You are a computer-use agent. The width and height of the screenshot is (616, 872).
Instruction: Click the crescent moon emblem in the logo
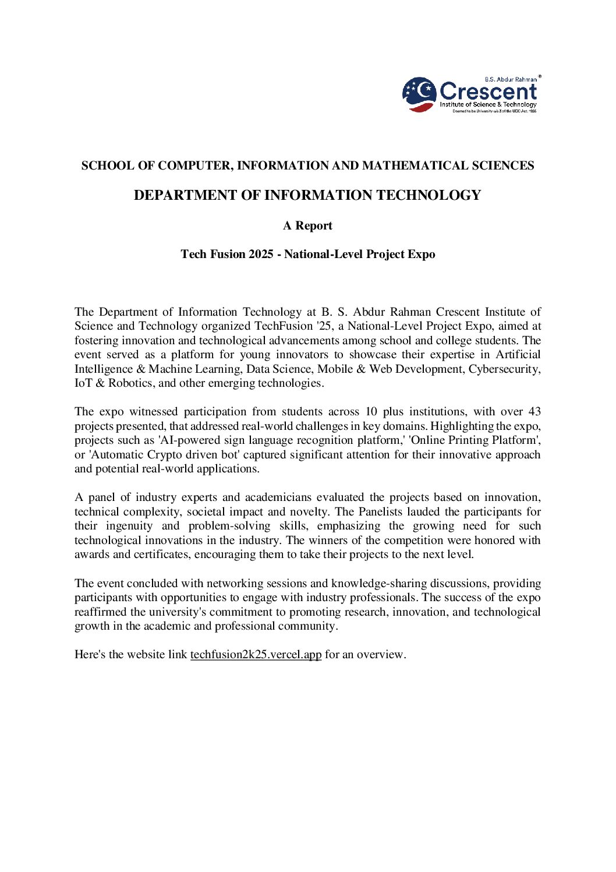pyautogui.click(x=419, y=94)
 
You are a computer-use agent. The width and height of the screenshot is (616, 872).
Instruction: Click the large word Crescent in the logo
pyautogui.click(x=488, y=91)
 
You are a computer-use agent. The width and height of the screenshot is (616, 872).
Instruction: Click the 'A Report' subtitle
pyautogui.click(x=307, y=226)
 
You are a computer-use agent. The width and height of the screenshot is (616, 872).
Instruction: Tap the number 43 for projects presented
pyautogui.click(x=534, y=412)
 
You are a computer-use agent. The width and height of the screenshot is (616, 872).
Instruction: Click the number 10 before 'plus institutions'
pyautogui.click(x=371, y=412)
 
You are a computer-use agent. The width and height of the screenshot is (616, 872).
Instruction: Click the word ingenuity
pyautogui.click(x=129, y=526)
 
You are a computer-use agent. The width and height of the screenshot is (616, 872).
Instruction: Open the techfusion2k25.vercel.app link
pyautogui.click(x=256, y=655)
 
